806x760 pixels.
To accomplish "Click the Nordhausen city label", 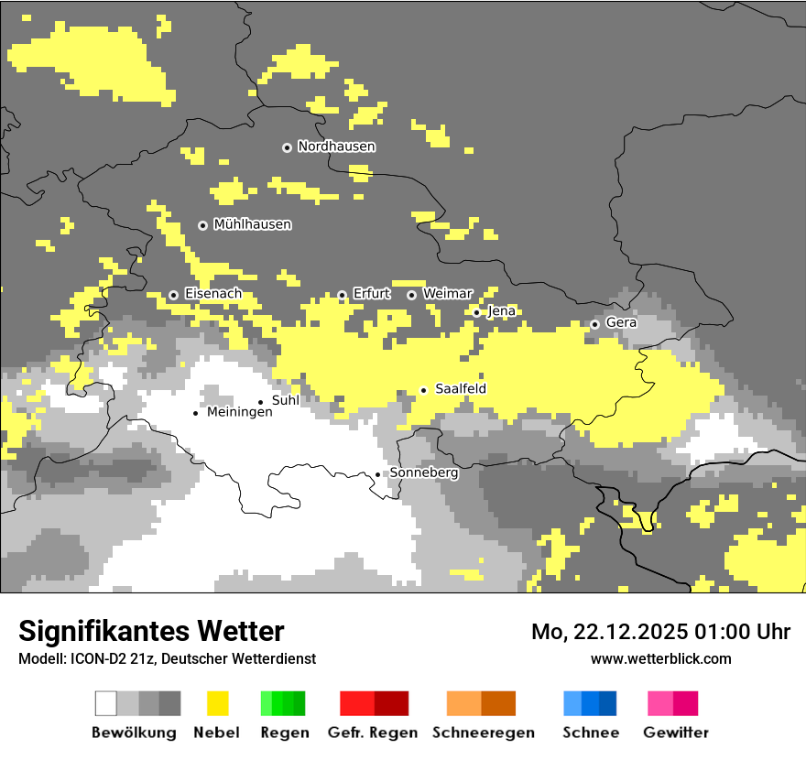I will click(x=336, y=147).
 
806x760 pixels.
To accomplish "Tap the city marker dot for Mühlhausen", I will click(x=202, y=225).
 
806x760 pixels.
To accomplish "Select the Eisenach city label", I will click(x=212, y=294).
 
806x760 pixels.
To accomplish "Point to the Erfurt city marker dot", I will click(x=342, y=295).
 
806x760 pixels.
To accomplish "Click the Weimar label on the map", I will click(x=447, y=293).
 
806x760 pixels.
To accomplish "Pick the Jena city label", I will click(x=501, y=311).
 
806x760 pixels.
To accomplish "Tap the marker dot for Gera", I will click(x=594, y=324).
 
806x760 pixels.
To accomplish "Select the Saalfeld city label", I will click(x=460, y=389).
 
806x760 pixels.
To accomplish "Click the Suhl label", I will click(x=285, y=400).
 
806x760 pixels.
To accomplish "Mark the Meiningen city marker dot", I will click(x=195, y=413).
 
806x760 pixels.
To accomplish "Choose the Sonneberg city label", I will click(x=423, y=473).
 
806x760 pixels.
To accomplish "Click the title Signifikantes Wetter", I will click(x=151, y=631).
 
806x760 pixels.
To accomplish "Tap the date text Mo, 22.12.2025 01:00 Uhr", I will click(x=660, y=632).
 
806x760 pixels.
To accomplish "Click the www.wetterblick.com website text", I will click(x=660, y=658).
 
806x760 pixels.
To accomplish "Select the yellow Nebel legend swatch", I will click(x=217, y=703).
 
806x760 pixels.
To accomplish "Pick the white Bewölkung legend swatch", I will click(x=106, y=703).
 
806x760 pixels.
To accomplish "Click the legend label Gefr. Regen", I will click(x=372, y=733).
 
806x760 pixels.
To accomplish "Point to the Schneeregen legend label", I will click(x=483, y=733).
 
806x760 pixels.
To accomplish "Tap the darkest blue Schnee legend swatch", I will click(x=607, y=703).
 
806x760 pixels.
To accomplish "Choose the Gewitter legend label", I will click(x=675, y=733).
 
